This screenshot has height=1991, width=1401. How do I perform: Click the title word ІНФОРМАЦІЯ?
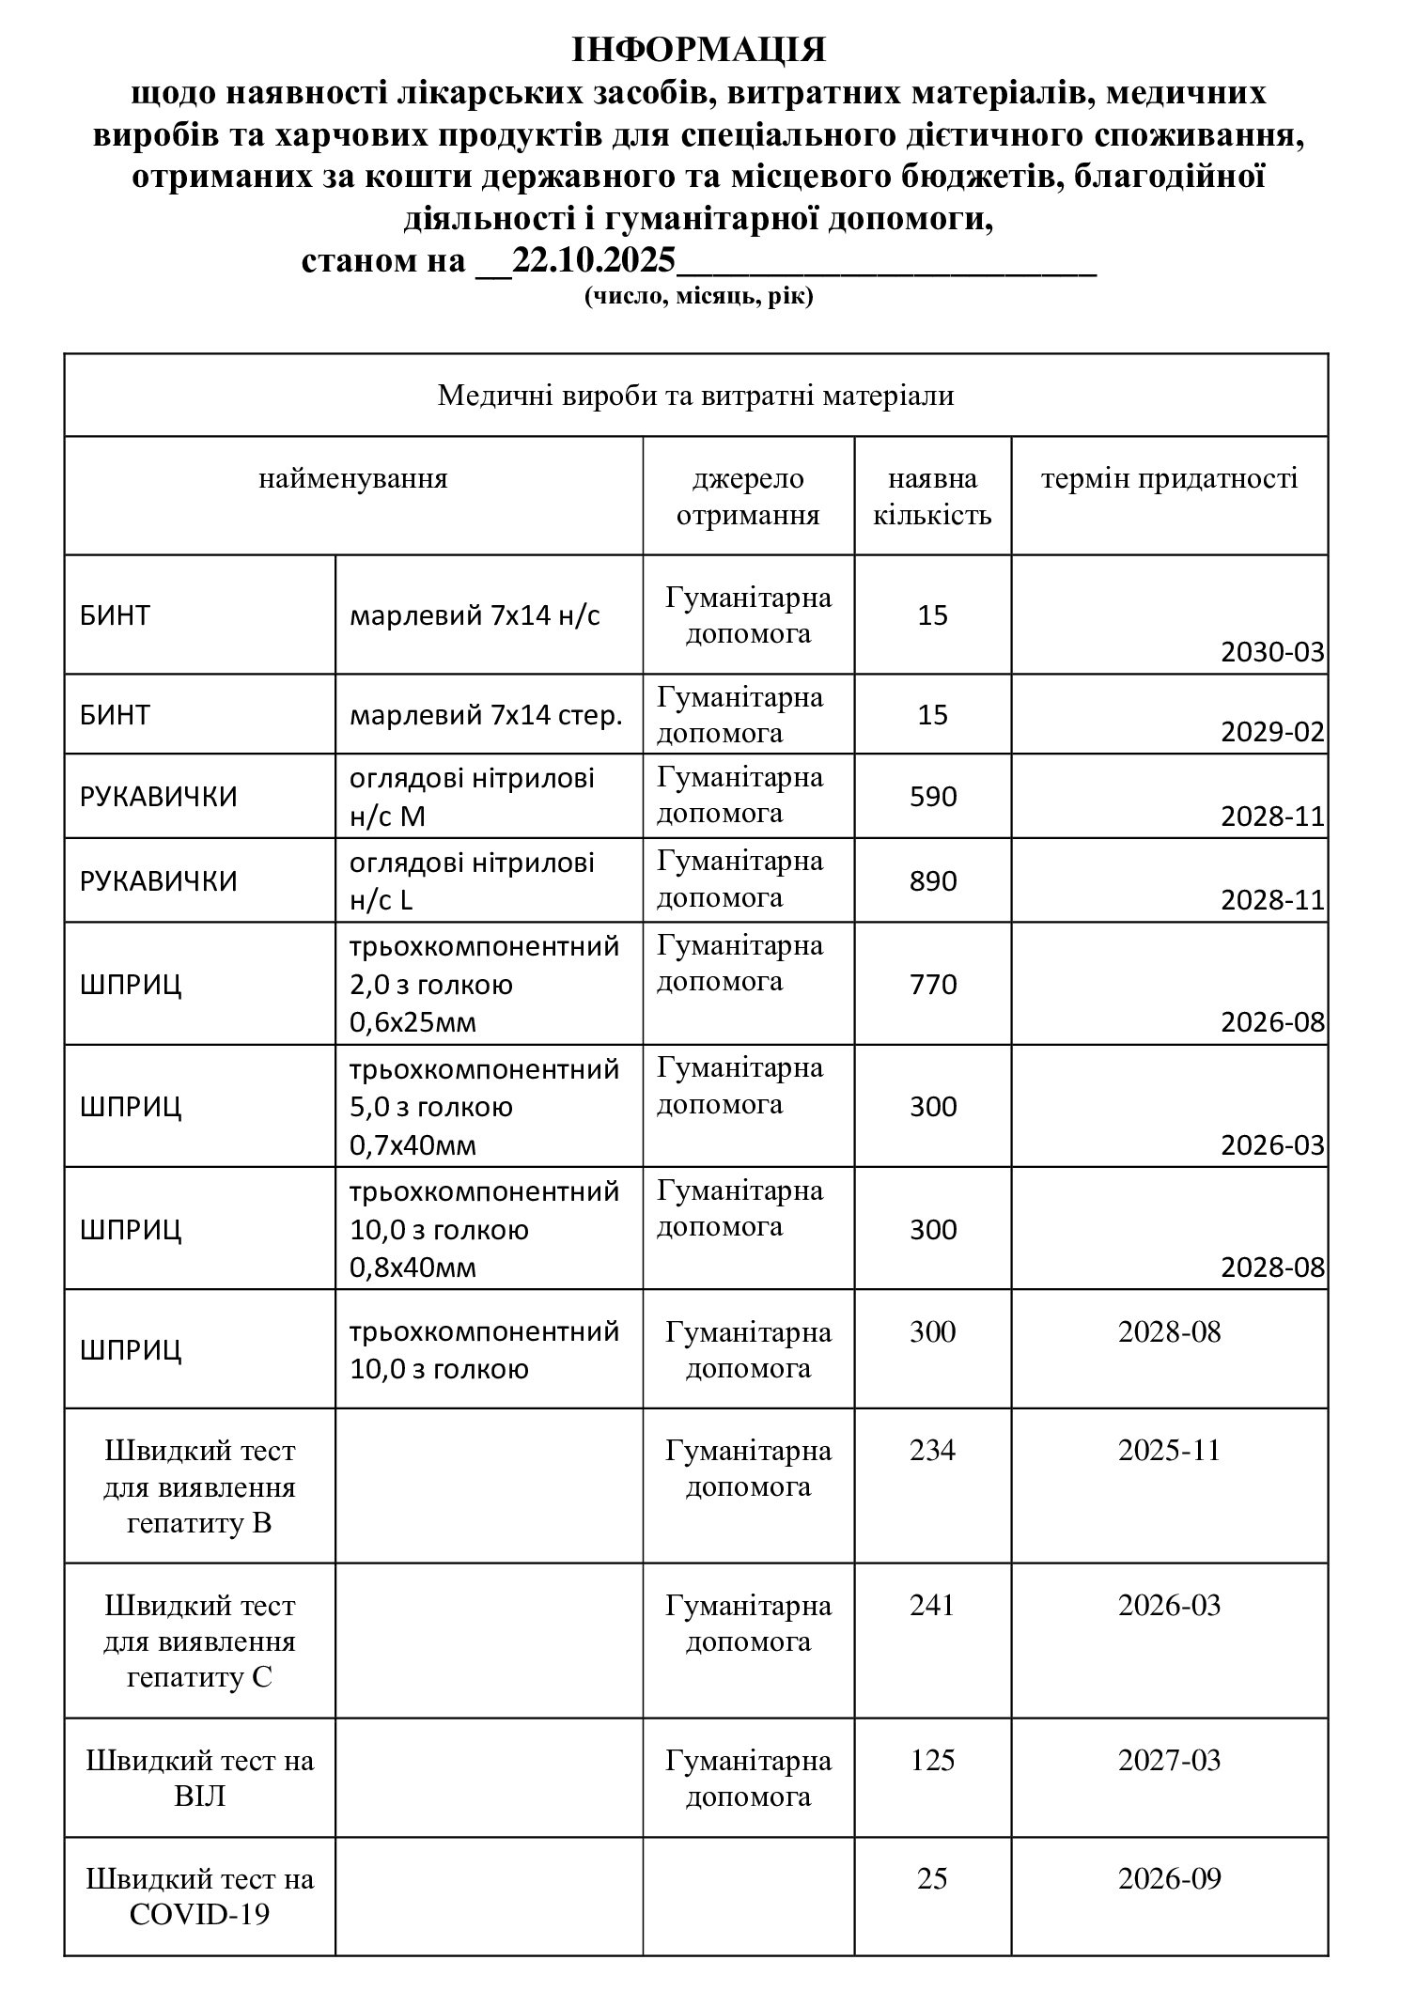pos(699,50)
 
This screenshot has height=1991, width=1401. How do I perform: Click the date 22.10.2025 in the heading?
pos(594,260)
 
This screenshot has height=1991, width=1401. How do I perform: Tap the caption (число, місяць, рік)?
pos(698,298)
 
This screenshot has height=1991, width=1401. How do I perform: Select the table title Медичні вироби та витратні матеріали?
pos(695,396)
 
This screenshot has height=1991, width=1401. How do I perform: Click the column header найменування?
pos(353,479)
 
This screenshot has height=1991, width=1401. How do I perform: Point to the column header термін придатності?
pos(1169,479)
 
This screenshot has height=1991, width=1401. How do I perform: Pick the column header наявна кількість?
pos(932,496)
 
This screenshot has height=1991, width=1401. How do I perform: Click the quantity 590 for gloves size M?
pos(933,797)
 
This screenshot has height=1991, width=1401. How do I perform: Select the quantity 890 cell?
pos(933,881)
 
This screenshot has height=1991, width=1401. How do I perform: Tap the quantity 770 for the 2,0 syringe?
pos(933,985)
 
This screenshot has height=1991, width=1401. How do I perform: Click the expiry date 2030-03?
pos(1272,652)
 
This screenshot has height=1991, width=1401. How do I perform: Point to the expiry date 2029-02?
pos(1272,732)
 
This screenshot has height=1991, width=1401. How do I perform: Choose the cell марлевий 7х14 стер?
pos(486,716)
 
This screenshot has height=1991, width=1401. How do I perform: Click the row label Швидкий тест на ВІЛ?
pos(200,1779)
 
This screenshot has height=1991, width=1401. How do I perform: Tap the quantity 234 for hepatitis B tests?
pos(932,1450)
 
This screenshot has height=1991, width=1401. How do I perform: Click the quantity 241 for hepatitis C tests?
pos(932,1605)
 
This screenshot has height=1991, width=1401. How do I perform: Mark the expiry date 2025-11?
pos(1169,1450)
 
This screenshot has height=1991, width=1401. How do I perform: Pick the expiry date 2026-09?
pos(1169,1878)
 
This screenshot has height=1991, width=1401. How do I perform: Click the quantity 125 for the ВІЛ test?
pos(932,1760)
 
